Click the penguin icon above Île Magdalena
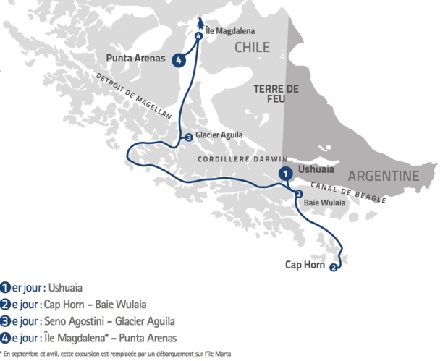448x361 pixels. pos(199,25)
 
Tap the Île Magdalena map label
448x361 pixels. pos(229,31)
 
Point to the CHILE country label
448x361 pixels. pos(252,48)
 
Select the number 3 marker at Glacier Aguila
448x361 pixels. pos(188,137)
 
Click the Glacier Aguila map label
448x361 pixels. pos(219,135)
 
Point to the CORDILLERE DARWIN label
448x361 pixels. pos(243,159)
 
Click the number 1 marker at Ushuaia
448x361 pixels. pos(287,174)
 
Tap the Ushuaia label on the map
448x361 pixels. pos(316,169)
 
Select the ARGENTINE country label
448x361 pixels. pos(384,177)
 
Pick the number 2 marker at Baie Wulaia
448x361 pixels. pos(298,194)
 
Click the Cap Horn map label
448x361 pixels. pos(304,265)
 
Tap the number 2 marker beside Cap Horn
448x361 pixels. pos(333,268)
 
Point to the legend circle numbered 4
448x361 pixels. pos(7,338)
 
